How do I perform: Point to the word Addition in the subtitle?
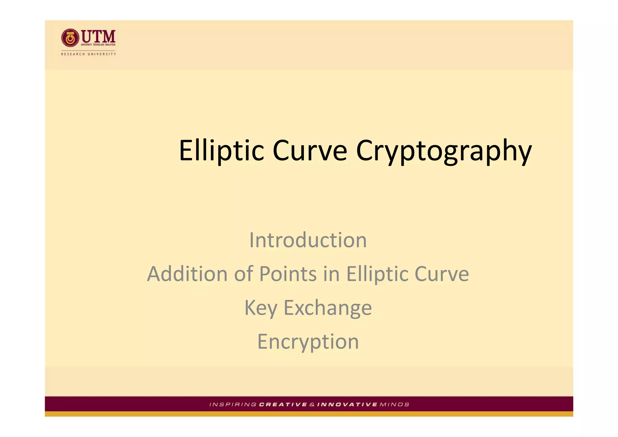[187, 274]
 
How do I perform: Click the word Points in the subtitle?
[288, 274]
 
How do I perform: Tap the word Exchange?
[328, 308]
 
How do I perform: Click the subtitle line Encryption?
[308, 342]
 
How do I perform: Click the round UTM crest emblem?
[70, 38]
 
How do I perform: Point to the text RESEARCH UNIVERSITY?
[88, 54]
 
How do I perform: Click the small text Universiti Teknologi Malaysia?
[98, 45]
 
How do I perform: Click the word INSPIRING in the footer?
[233, 404]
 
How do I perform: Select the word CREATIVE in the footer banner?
[283, 404]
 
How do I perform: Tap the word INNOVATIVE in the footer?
[347, 404]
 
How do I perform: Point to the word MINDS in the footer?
[394, 404]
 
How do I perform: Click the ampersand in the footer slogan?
[312, 404]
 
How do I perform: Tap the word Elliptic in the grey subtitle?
[378, 274]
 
